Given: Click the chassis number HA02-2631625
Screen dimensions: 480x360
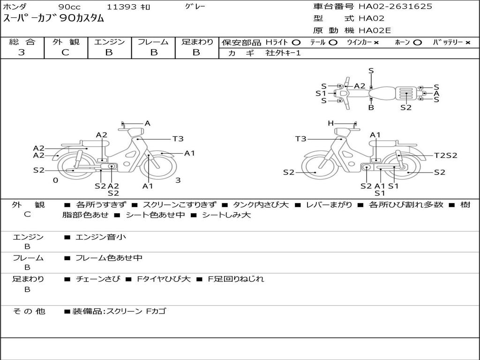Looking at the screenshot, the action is point(395,7).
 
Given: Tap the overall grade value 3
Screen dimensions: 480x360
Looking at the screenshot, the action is point(22,52).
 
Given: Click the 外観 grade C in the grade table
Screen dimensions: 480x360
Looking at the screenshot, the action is point(65,52).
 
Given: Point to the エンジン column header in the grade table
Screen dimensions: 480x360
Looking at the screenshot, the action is point(109,42).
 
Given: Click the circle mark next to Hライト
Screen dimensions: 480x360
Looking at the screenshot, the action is point(296,43).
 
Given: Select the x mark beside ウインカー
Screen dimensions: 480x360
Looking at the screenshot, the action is point(376,43).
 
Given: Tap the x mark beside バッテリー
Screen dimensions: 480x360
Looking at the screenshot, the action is point(468,43).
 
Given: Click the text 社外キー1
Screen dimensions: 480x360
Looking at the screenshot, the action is point(283,53).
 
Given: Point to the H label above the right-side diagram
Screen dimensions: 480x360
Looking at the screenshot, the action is point(330,123).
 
